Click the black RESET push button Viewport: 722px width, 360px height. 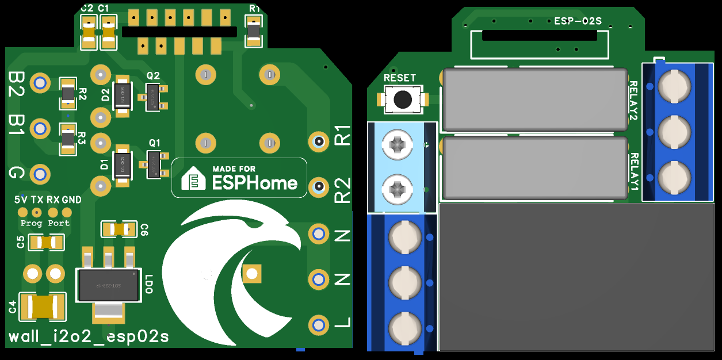(402, 99)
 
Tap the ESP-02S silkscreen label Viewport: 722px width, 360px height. (578, 21)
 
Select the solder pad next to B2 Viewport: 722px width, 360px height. (40, 83)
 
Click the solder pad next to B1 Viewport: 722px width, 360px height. (40, 128)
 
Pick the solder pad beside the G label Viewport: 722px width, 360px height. (40, 173)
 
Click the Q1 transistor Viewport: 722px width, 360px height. (154, 164)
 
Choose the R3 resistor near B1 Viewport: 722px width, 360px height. (68, 139)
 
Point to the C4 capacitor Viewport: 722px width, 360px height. (43, 307)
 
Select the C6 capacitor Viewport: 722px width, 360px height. (119, 229)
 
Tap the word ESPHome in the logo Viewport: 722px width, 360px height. (254, 183)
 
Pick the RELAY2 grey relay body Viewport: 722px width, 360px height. (534, 99)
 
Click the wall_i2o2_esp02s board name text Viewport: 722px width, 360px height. (89, 336)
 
